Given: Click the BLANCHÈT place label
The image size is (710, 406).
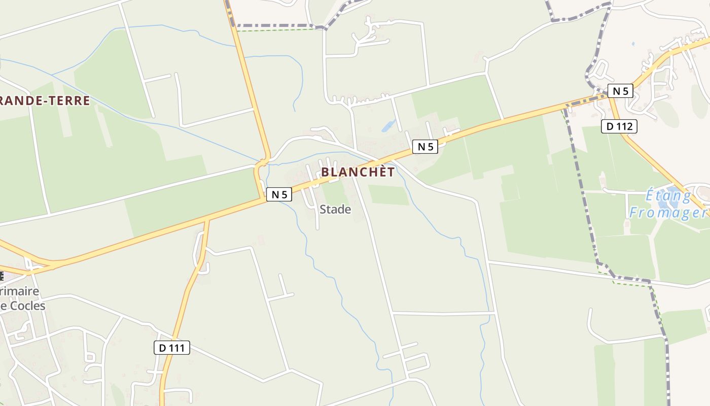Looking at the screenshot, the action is pyautogui.click(x=358, y=172).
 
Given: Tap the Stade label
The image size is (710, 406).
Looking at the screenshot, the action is pyautogui.click(x=335, y=209).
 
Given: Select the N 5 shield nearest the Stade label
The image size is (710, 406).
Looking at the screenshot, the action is pyautogui.click(x=279, y=194).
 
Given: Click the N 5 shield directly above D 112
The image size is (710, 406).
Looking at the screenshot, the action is pyautogui.click(x=621, y=91).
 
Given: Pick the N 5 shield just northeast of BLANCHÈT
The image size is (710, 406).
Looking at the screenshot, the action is pyautogui.click(x=425, y=147).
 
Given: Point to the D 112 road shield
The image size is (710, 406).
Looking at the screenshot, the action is pyautogui.click(x=619, y=126).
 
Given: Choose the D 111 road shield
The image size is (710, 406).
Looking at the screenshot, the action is pyautogui.click(x=172, y=348).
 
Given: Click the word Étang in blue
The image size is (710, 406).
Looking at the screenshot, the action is pyautogui.click(x=668, y=196).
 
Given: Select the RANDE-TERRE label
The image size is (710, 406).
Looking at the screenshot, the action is pyautogui.click(x=46, y=100).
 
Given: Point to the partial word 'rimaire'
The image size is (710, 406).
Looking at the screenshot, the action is pyautogui.click(x=20, y=291).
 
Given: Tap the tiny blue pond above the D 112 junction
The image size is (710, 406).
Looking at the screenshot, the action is pyautogui.click(x=633, y=44).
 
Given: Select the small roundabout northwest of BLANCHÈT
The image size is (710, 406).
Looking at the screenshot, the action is pyautogui.click(x=262, y=163).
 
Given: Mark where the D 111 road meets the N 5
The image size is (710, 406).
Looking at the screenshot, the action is pyautogui.click(x=207, y=220).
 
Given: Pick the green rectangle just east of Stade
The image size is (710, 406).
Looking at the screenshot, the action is pyautogui.click(x=388, y=195).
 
